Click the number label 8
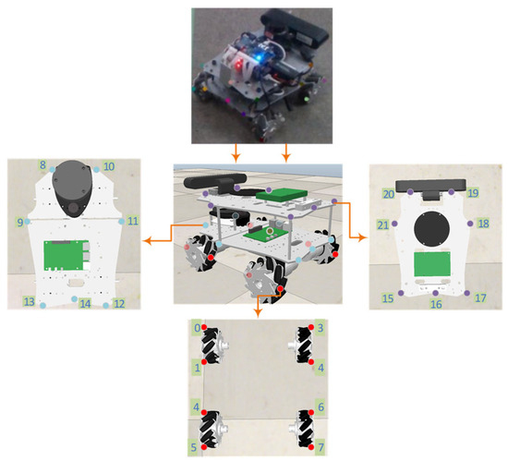tap(42, 164)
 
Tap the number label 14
tap(85, 304)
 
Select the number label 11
tap(132, 221)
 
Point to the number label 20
tap(389, 194)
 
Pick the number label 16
tap(436, 304)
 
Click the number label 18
tap(483, 224)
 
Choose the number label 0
tap(197, 328)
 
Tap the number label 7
tap(321, 447)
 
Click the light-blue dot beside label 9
tap(27, 222)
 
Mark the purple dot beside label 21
tap(394, 224)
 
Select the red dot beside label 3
tap(311, 327)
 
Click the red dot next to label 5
tap(204, 447)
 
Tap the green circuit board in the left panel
tap(67, 255)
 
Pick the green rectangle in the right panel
tap(432, 264)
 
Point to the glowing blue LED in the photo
tap(259, 57)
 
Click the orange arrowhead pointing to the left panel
tap(147, 240)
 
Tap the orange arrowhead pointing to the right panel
tap(364, 237)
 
